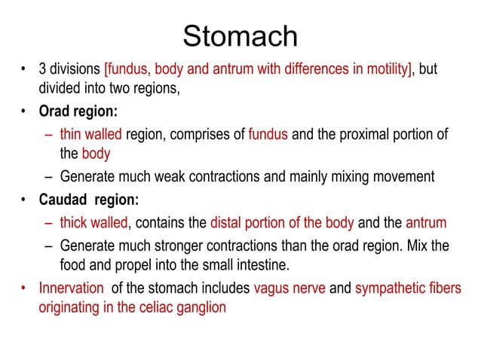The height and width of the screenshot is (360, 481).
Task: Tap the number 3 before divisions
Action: click(43, 71)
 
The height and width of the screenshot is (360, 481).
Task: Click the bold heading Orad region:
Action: click(78, 112)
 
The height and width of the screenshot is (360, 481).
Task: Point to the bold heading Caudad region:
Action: click(89, 200)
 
